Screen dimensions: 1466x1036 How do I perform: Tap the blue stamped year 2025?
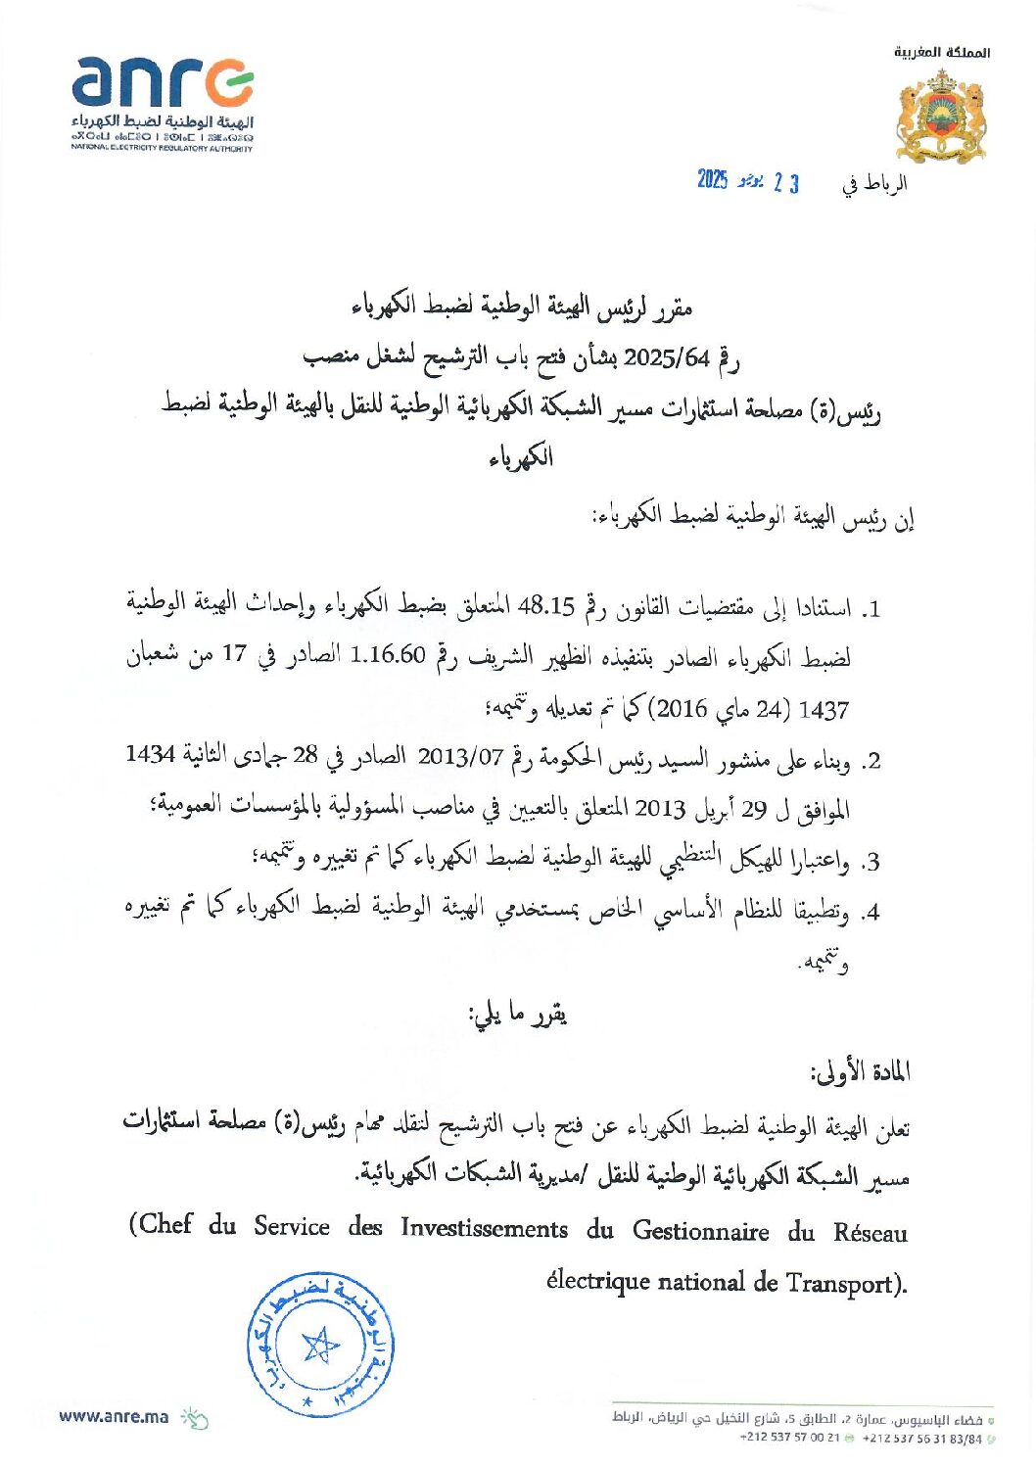coord(712,180)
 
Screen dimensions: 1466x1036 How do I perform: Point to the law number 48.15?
coord(544,607)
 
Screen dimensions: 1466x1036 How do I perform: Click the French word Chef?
coord(165,1225)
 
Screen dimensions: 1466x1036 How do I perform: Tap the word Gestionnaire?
coord(700,1230)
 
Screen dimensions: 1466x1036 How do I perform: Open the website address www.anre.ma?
coord(114,1416)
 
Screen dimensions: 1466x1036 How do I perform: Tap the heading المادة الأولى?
coord(860,1072)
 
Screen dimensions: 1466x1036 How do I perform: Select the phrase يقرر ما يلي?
coord(519,1016)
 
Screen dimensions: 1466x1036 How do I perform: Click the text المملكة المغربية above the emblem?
coord(941,52)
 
